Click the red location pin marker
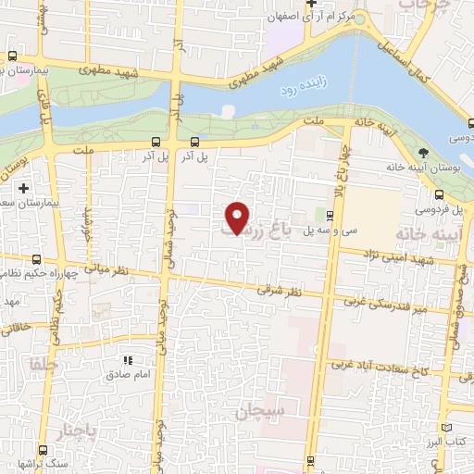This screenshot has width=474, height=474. [239, 218]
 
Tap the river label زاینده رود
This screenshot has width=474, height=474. [301, 90]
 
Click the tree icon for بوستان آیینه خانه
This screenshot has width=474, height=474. [424, 154]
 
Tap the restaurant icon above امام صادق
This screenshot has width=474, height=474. [129, 360]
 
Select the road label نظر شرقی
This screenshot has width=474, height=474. [278, 291]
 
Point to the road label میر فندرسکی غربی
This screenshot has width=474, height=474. [382, 301]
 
